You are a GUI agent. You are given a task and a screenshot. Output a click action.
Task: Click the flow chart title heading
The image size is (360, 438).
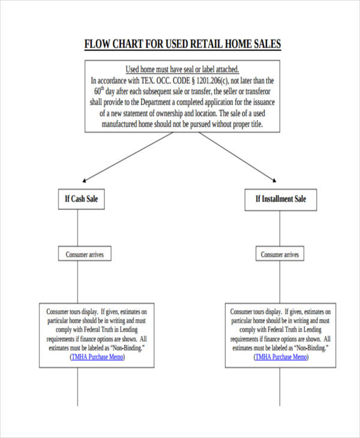(x=182, y=44)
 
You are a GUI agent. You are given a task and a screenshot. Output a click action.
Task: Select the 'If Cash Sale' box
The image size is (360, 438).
(x=82, y=199)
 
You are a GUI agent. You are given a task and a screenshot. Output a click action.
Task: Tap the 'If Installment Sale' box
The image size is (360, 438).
(x=280, y=199)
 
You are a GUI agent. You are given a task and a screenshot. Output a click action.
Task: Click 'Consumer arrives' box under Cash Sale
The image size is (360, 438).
(x=85, y=254)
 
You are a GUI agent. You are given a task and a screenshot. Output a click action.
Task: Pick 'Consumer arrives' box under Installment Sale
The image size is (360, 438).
(x=280, y=254)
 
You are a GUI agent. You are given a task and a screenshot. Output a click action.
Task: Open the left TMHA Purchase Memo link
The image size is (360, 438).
(x=97, y=356)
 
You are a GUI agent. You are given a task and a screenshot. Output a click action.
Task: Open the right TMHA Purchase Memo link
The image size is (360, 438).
(x=281, y=356)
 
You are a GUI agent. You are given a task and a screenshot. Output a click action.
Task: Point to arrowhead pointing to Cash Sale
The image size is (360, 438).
(x=85, y=179)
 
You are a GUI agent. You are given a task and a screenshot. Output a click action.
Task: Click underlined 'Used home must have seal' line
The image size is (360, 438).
(x=182, y=69)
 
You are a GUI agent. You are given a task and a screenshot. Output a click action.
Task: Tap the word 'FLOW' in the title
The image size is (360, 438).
(x=97, y=44)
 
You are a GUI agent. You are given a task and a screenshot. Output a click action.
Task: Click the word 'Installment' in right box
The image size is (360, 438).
(x=275, y=199)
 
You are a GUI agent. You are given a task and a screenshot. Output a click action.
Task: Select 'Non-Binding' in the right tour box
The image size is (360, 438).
(x=311, y=348)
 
